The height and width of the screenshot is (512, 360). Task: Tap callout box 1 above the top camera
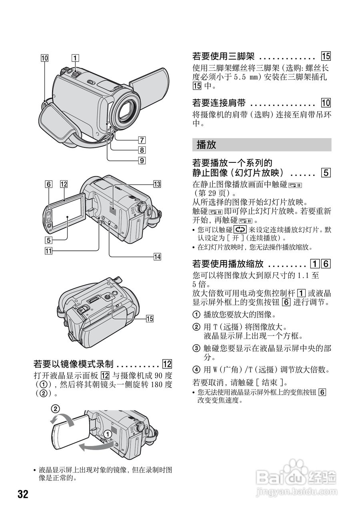coord(75,58)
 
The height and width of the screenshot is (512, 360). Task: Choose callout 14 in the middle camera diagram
coord(157,256)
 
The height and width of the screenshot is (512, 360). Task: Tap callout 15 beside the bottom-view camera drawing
coord(150,318)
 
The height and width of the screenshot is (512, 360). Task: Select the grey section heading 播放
coord(206,145)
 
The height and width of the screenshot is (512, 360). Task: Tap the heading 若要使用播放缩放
coord(228,264)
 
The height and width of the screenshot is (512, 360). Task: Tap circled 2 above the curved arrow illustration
coord(55,409)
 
